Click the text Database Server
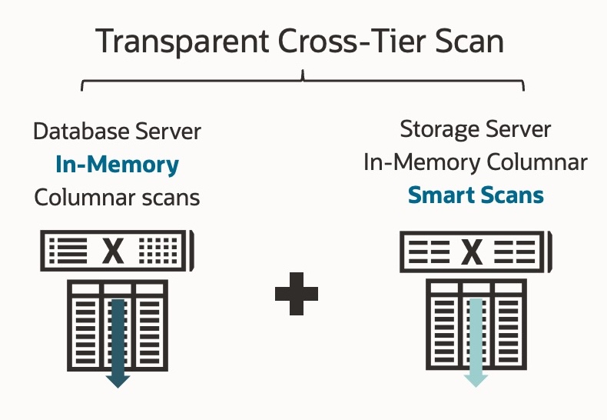pyautogui.click(x=117, y=131)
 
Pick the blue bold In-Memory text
pyautogui.click(x=117, y=164)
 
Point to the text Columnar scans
pyautogui.click(x=117, y=197)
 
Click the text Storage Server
pyautogui.click(x=476, y=128)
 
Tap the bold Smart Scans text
pyautogui.click(x=476, y=195)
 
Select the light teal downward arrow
pyautogui.click(x=476, y=341)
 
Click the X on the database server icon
pyautogui.click(x=114, y=250)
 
